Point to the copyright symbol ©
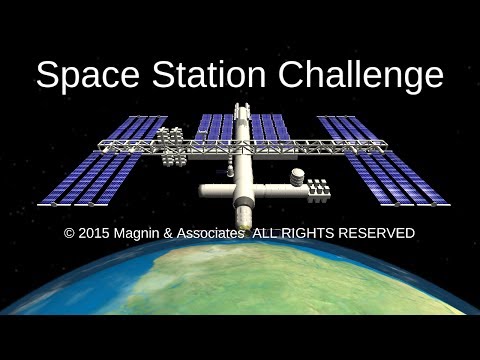point(69,233)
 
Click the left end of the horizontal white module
point(204,189)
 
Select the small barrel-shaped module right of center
point(295,180)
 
